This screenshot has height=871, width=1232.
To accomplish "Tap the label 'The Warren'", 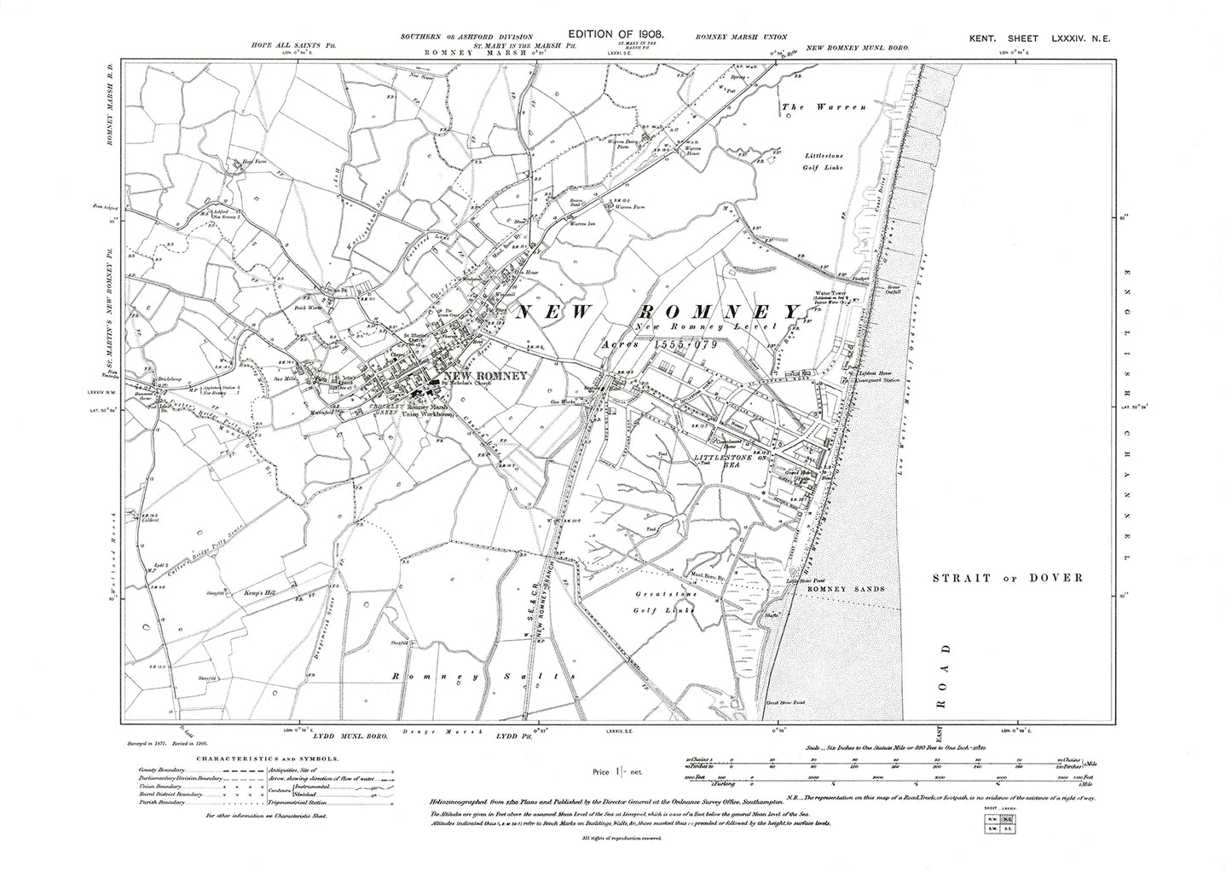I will (x=824, y=107).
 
